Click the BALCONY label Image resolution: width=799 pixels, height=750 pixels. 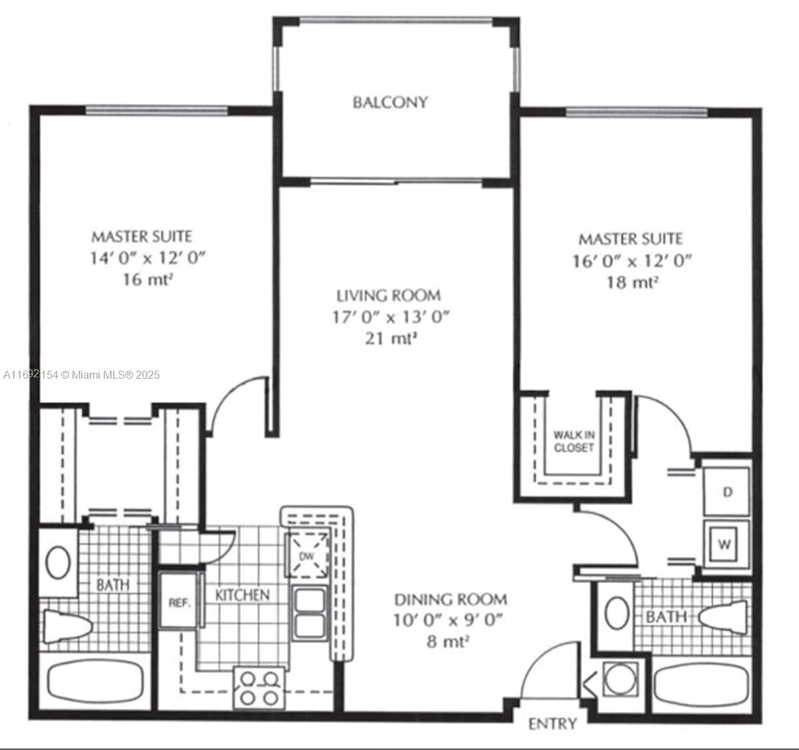pos(390,102)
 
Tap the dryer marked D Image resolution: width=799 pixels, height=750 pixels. pos(727,492)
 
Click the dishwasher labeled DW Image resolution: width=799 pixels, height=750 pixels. pos(307,556)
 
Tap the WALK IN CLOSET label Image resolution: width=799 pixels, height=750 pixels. pos(573,442)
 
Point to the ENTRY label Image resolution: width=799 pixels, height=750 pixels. pos(552,724)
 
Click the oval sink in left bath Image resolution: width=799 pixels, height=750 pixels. pos(59,562)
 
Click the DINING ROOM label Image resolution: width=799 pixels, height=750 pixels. pos(450,600)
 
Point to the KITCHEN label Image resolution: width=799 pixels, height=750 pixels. pos(242,595)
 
